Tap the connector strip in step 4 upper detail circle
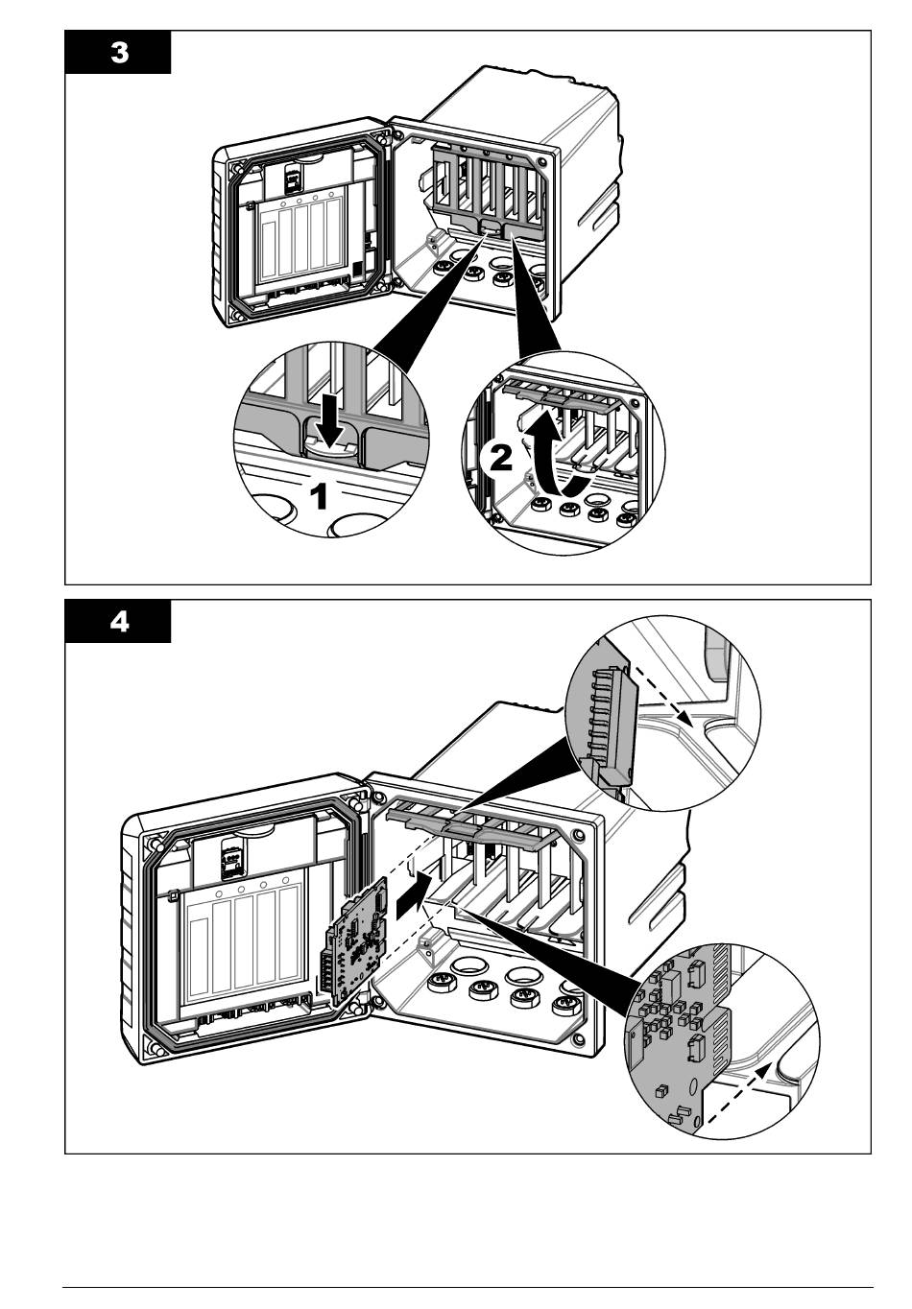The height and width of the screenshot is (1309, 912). [605, 715]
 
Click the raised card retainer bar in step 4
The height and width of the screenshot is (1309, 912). [475, 825]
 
